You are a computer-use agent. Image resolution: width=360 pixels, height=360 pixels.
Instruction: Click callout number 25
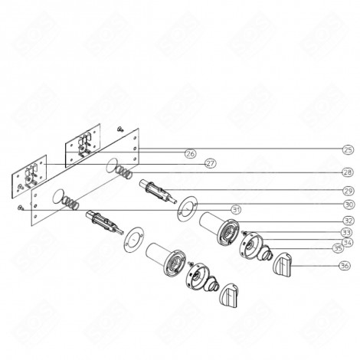tap(347, 149)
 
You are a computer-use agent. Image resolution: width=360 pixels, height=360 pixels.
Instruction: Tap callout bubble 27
tap(210, 163)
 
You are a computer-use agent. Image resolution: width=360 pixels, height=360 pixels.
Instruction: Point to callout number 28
tap(347, 172)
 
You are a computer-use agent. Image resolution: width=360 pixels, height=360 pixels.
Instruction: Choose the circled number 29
tap(347, 190)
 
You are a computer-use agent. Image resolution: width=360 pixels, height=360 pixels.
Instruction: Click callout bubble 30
tap(347, 205)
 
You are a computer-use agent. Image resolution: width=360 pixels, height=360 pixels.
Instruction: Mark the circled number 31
tap(236, 209)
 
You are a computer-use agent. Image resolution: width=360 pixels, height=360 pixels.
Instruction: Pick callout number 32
tap(347, 221)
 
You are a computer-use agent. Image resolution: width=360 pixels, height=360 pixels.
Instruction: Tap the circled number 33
tap(347, 232)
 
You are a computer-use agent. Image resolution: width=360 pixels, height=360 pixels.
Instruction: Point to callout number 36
tap(347, 266)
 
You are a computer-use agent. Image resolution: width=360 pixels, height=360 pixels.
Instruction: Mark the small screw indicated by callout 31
tap(18, 208)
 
